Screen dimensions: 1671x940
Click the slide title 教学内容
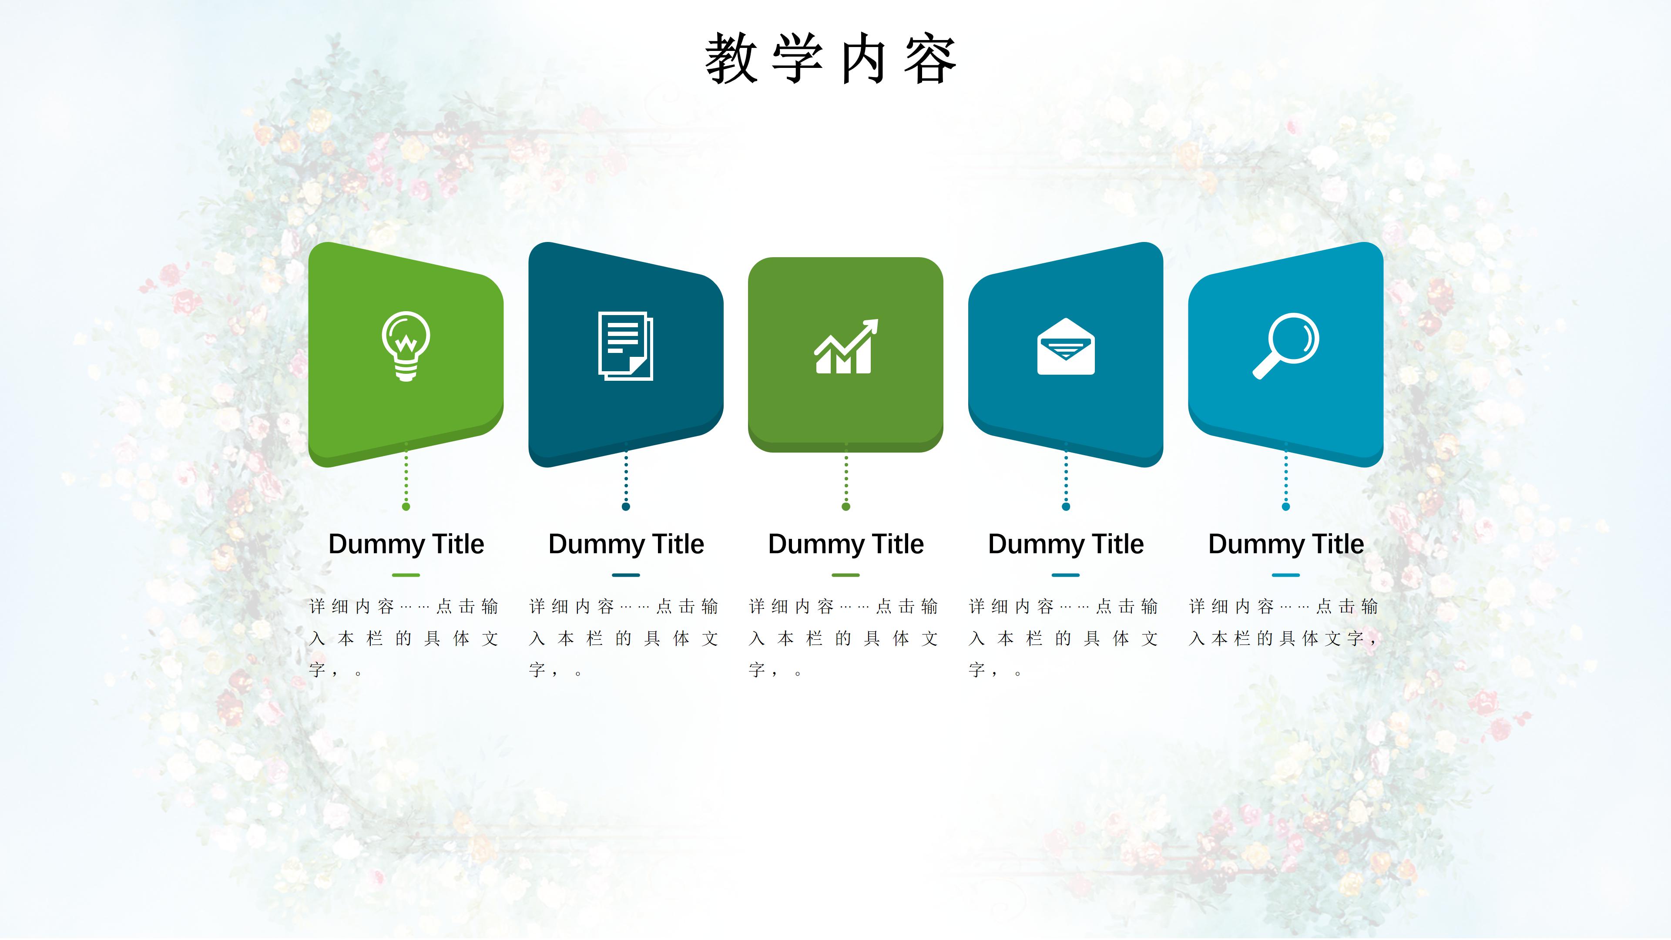point(831,59)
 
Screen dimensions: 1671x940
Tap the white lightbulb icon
point(406,346)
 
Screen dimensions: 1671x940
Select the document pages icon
point(625,346)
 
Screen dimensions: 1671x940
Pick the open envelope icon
point(1066,346)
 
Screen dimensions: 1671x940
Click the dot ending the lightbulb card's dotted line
point(406,507)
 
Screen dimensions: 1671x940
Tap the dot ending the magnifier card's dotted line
point(1286,507)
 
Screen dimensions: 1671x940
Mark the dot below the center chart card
point(846,507)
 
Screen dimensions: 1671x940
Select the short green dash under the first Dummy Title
point(406,575)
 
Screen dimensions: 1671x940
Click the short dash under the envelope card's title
point(1066,575)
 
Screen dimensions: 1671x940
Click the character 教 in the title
point(731,59)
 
